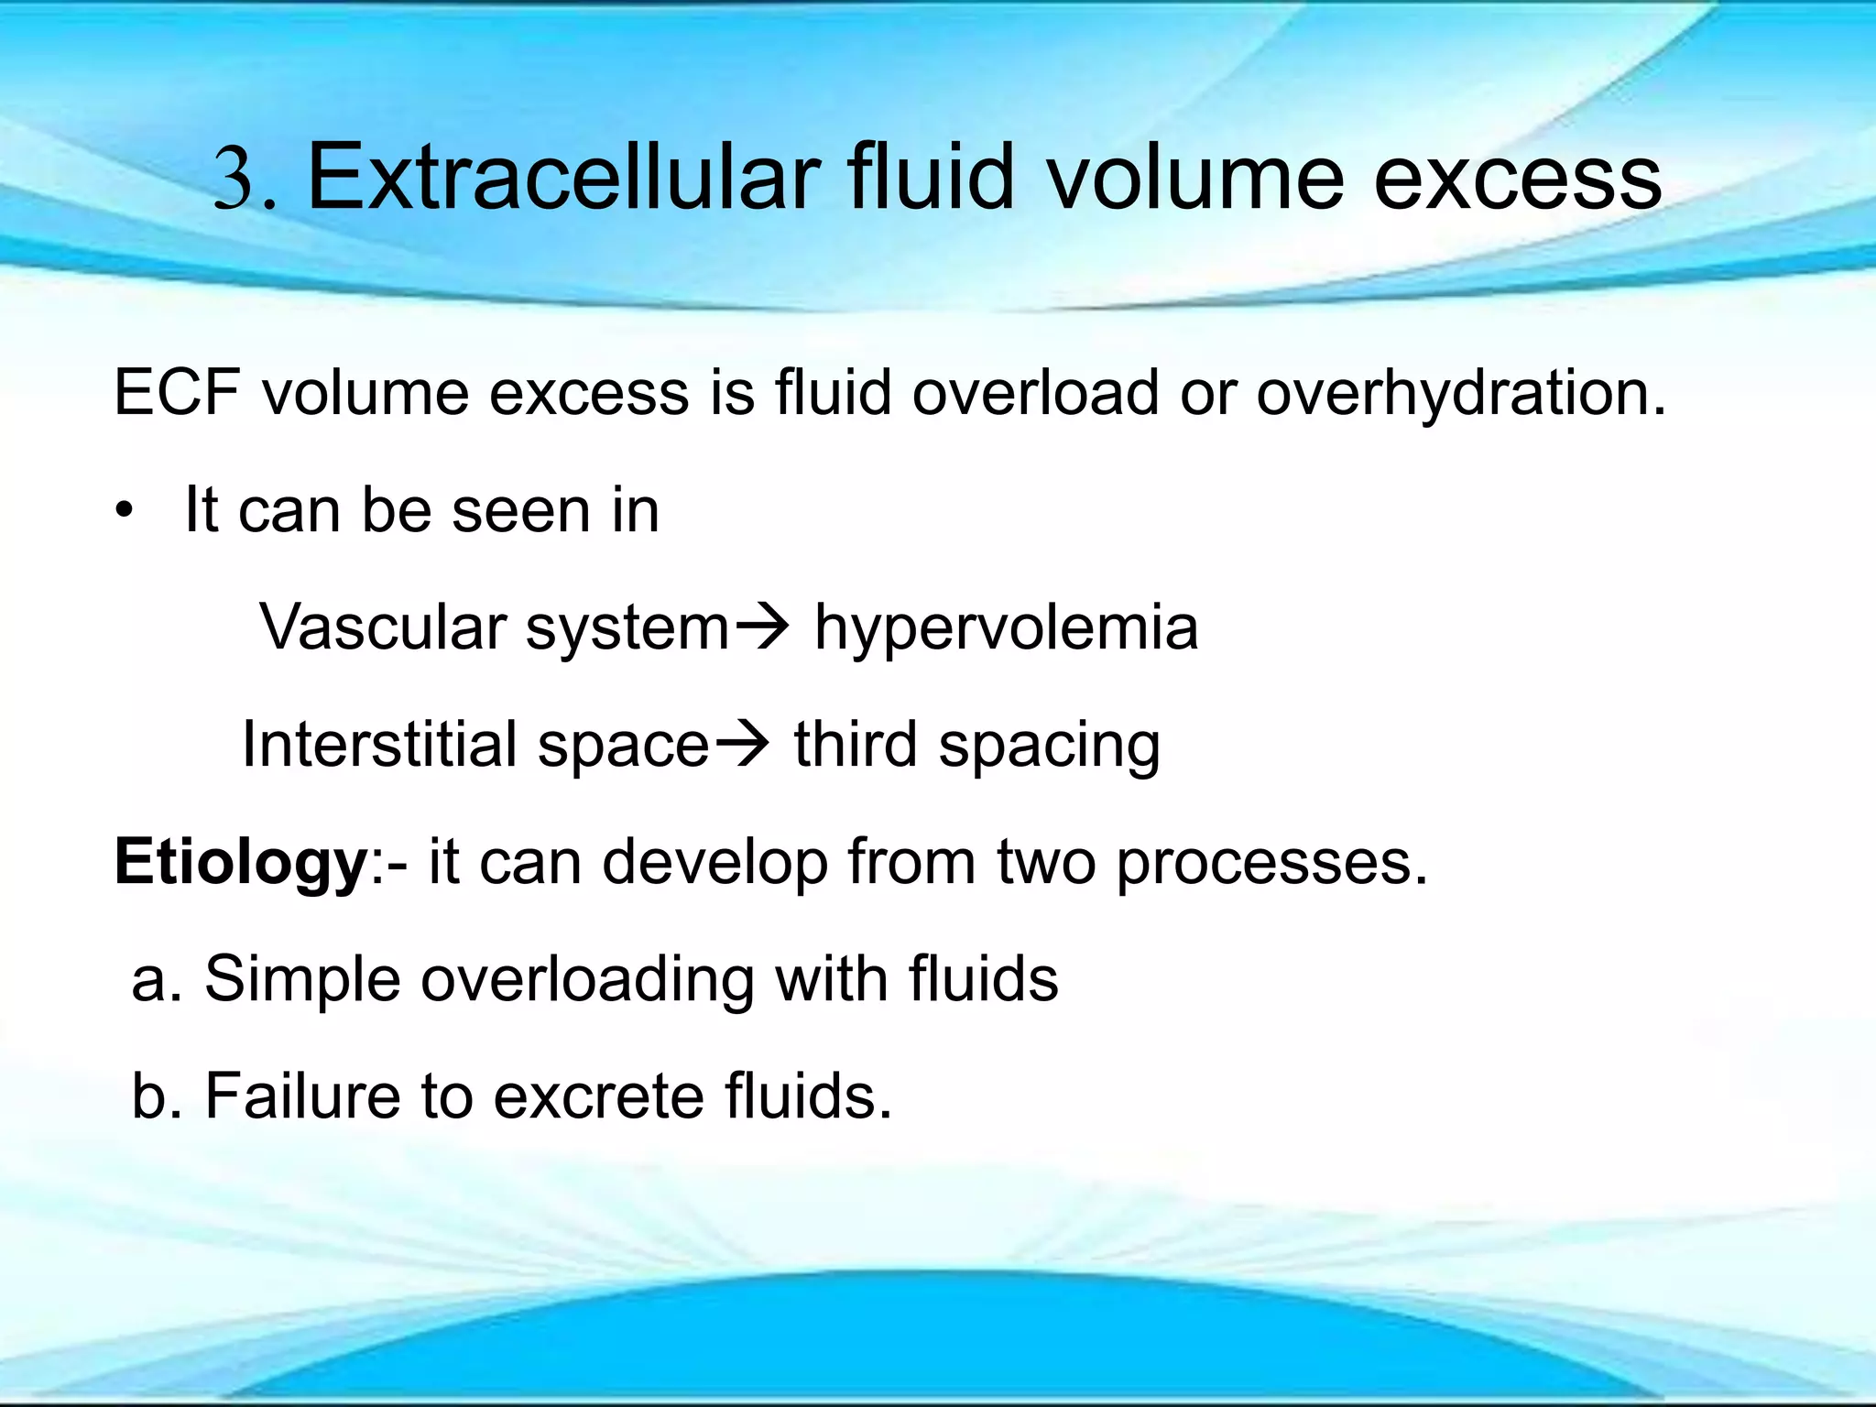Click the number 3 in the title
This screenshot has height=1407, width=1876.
pos(235,179)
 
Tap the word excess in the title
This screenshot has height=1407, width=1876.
pos(1518,179)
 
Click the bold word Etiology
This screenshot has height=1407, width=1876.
pos(240,864)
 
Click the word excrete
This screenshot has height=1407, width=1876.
pos(598,1096)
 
